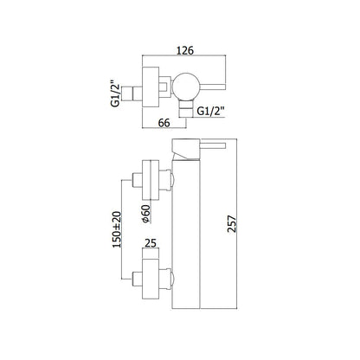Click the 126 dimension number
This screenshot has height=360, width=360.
[185, 50]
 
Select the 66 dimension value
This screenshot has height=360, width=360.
[164, 123]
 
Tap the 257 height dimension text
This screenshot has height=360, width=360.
[232, 223]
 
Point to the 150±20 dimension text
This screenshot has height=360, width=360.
[117, 229]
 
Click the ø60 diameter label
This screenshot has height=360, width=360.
[146, 214]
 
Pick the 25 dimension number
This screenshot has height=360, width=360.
[151, 243]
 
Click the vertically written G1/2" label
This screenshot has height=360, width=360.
[115, 93]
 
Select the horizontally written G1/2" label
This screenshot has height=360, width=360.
[211, 111]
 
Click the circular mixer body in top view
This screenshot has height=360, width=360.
[185, 87]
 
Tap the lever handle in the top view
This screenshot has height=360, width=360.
[212, 87]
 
